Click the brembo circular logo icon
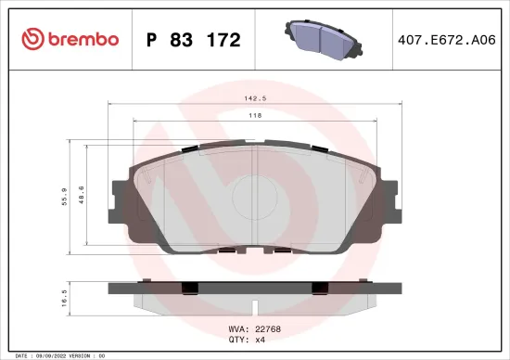pos(32,40)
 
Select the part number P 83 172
pos(194,40)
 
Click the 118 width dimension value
pos(254,116)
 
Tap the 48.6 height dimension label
pos(82,196)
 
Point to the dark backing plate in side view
pos(254,288)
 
